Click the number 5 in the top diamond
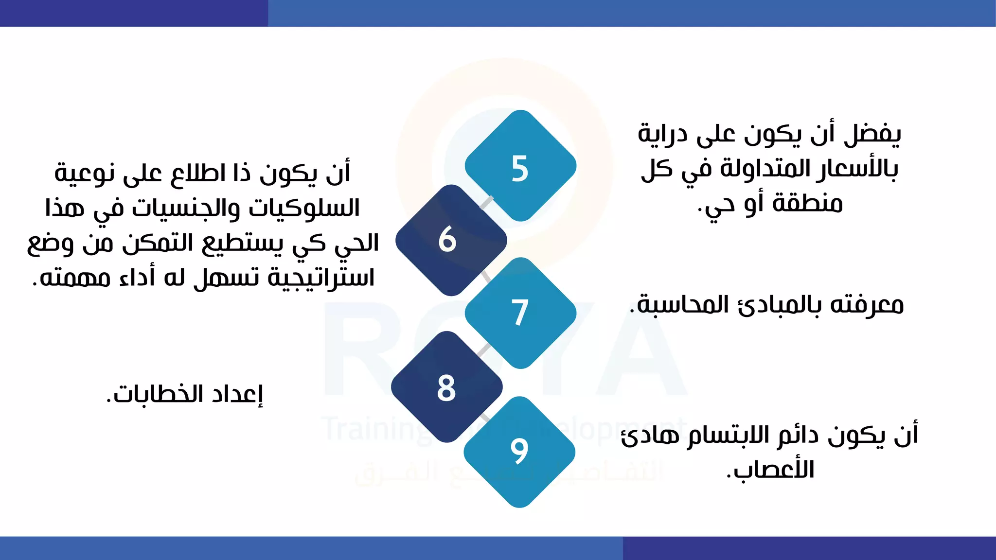tap(519, 169)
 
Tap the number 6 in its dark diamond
tap(447, 239)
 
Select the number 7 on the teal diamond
tap(519, 313)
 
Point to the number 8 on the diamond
tap(446, 388)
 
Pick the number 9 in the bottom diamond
tap(519, 451)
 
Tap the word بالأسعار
tap(857, 169)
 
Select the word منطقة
tap(808, 203)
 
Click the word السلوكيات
tap(304, 208)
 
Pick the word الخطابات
tap(156, 394)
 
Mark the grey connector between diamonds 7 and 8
tap(484, 350)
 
